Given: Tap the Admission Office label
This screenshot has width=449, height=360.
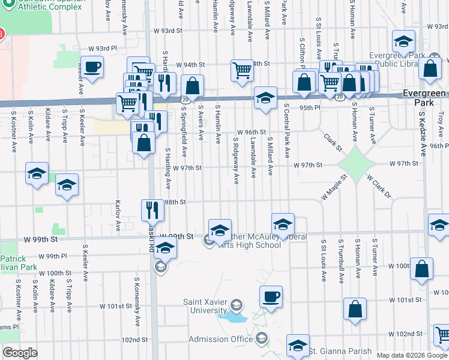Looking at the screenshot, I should click(x=221, y=339).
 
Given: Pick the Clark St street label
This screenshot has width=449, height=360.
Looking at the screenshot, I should click(x=333, y=143).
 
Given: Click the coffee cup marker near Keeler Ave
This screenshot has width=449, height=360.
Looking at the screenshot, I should click(x=92, y=67).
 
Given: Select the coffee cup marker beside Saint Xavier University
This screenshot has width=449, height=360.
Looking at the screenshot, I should click(x=271, y=296).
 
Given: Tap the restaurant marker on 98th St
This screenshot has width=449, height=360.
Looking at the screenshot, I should click(x=152, y=209).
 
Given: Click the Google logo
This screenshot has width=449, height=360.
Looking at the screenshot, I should click(x=20, y=352).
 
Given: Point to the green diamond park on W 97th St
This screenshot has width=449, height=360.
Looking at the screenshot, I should click(x=355, y=164).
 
